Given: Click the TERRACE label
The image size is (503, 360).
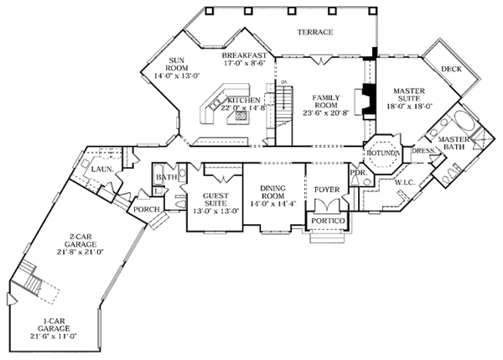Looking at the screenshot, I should (x=315, y=33).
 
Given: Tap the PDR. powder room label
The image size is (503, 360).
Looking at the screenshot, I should (x=358, y=173).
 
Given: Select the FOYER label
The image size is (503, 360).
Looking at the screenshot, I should (x=325, y=190).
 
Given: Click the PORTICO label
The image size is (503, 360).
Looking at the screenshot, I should (x=324, y=222).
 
